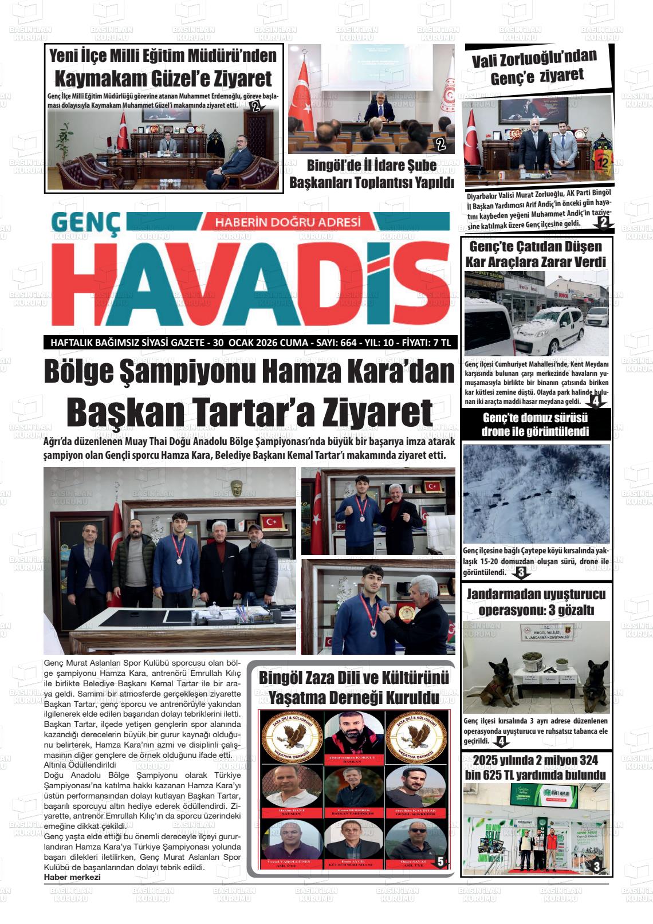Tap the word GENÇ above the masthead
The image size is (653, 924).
pos(86,225)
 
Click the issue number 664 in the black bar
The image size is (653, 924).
pos(348,343)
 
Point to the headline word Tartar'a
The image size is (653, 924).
pos(250,412)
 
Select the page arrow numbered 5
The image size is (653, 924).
pos(440,861)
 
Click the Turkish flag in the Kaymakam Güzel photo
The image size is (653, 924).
pos(121,133)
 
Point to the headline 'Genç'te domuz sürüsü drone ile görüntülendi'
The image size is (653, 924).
pos(535,424)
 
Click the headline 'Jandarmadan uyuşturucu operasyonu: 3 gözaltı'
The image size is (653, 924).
pos(536,602)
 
